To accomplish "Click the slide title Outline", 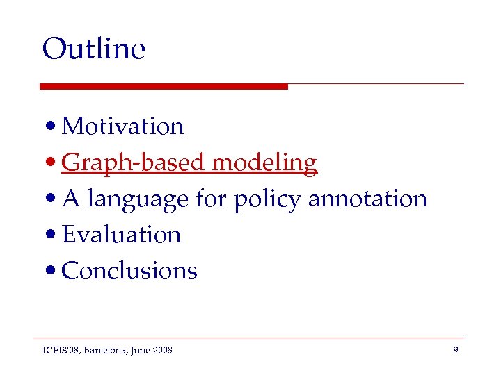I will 93,49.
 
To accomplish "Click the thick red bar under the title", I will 164,86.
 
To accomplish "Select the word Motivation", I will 122,126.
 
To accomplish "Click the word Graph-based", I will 134,162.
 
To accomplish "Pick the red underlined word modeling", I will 264,162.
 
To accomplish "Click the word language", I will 138,199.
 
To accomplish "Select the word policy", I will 267,199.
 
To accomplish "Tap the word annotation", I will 367,199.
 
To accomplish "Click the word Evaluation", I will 121,235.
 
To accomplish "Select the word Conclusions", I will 129,271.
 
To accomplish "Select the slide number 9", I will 455,350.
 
